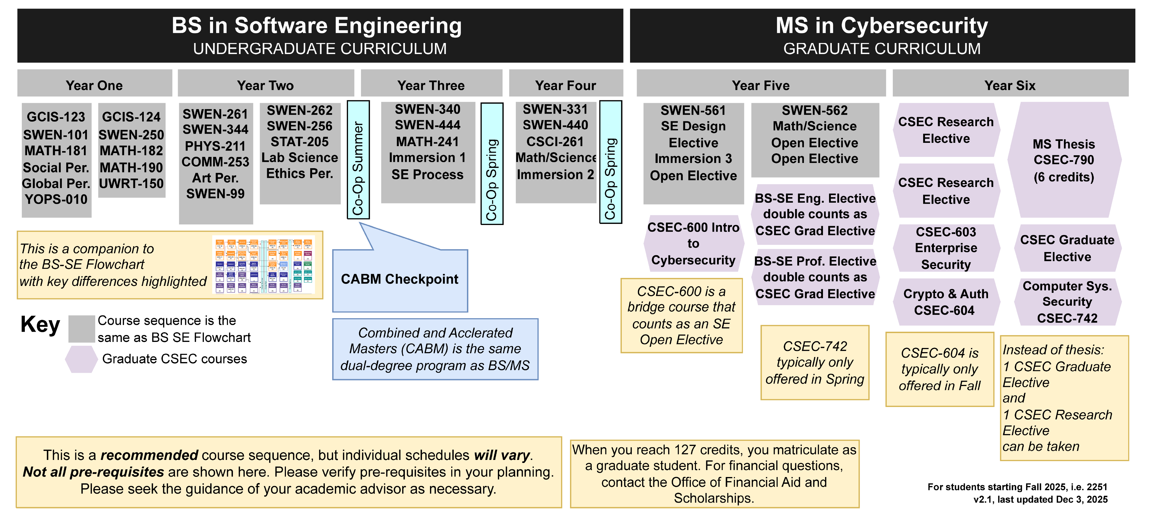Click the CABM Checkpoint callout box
(x=400, y=280)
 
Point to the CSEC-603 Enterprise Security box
(x=946, y=248)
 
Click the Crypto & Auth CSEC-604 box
(x=946, y=302)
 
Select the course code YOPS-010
(x=56, y=199)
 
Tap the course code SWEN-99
(x=215, y=194)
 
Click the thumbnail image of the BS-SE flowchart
(x=263, y=265)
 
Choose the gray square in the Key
(x=81, y=329)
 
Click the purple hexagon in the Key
(x=81, y=359)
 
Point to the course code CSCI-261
(x=555, y=142)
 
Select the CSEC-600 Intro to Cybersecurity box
(x=693, y=243)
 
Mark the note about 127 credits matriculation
(x=714, y=474)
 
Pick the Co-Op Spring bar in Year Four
(x=610, y=162)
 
